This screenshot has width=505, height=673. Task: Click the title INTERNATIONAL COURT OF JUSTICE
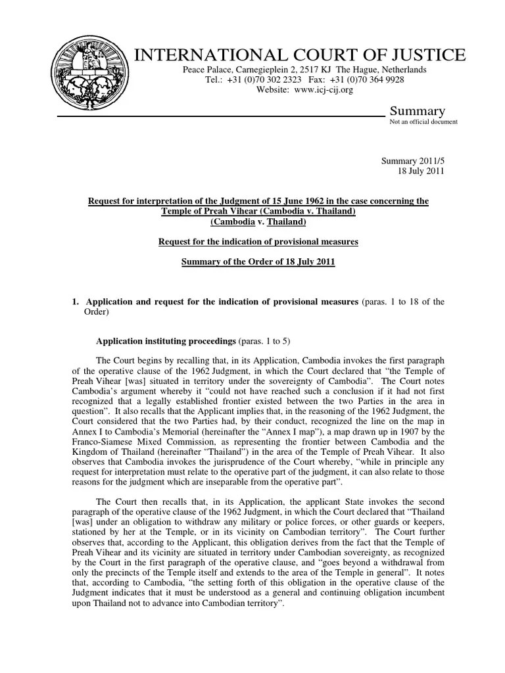[x=300, y=55]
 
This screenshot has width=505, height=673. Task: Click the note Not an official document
[x=424, y=122]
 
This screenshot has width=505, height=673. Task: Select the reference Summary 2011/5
[x=413, y=161]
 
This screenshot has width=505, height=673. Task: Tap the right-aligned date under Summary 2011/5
[x=421, y=171]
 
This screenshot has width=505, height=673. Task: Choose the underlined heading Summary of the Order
[x=258, y=262]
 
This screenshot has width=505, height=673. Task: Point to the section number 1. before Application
[x=75, y=302]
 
